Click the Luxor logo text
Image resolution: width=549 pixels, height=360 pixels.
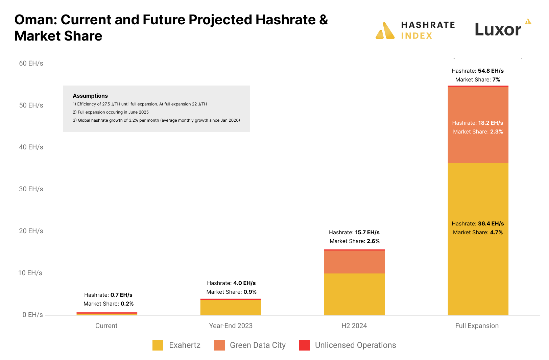pos(498,30)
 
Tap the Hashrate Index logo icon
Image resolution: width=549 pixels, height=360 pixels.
pos(385,31)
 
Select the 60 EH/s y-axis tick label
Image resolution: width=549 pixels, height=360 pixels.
pos(31,64)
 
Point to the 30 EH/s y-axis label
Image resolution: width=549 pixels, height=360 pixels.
pos(31,189)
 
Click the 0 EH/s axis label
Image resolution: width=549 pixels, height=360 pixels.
pos(32,315)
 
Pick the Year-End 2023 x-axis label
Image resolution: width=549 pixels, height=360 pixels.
pos(231,326)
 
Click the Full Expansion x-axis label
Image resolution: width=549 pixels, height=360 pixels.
pos(477,326)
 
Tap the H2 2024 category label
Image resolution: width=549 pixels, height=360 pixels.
pos(354,326)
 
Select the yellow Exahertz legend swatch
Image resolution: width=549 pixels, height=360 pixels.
pos(158,345)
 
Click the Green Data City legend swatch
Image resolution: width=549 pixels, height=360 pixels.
pos(219,345)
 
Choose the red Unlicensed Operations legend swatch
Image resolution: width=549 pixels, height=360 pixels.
pos(305,345)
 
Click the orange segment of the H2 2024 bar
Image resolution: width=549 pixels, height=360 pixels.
pos(354,262)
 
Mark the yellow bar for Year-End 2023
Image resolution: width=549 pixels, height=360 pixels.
pos(231,308)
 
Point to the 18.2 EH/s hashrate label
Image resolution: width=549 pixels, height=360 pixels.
pos(491,123)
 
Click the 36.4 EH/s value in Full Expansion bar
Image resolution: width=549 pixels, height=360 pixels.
pos(491,224)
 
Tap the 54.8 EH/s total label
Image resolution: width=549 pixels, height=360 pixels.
pos(491,71)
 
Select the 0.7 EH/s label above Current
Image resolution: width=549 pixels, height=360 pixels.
pos(121,295)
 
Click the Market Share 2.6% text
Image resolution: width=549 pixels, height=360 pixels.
pos(354,241)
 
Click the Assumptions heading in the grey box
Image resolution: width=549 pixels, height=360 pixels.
pos(90,96)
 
